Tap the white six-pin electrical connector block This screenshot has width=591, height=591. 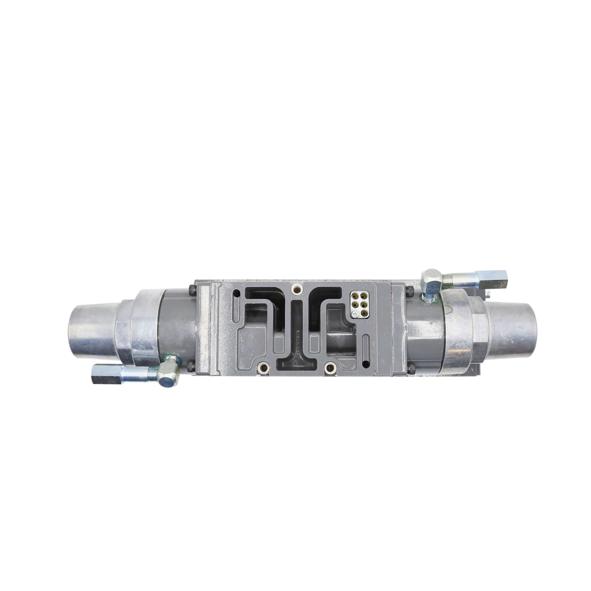358,305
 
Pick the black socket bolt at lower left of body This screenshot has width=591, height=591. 191,364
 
